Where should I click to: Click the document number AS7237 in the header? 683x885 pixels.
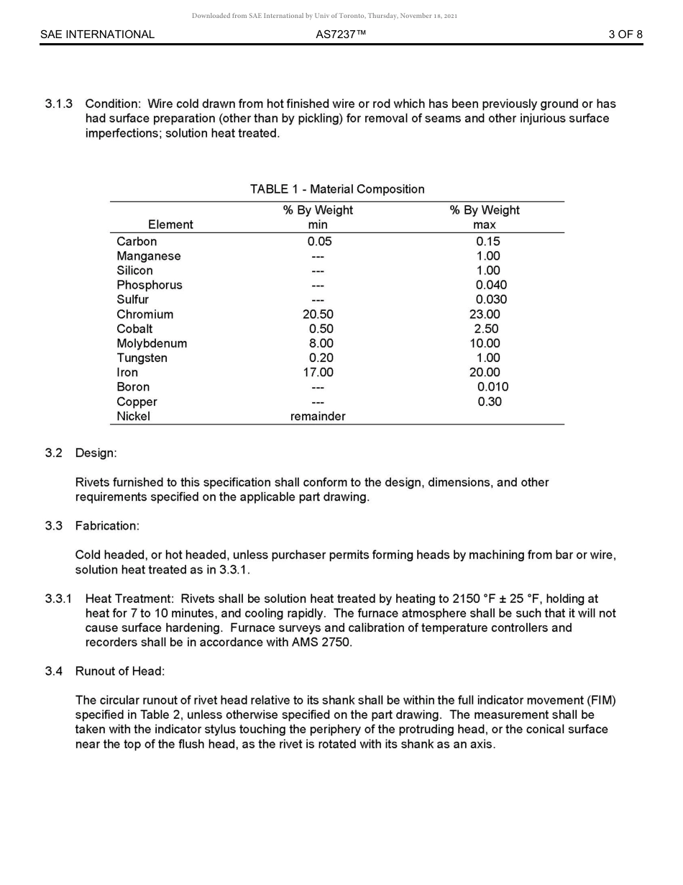[x=341, y=34]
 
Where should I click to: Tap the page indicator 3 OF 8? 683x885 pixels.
[x=625, y=34]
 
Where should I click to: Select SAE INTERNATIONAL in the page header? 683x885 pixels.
[x=97, y=34]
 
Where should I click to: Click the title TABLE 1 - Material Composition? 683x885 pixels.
[x=337, y=189]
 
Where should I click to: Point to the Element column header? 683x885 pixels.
[x=170, y=224]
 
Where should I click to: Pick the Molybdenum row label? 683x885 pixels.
[x=152, y=343]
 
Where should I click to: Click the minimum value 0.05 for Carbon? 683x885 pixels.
[x=319, y=242]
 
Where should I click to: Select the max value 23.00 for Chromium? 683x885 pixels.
[x=485, y=314]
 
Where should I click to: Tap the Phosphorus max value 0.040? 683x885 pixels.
[x=491, y=285]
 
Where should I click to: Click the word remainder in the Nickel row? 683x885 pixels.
[x=318, y=417]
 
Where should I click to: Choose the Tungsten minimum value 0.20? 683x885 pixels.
[x=321, y=358]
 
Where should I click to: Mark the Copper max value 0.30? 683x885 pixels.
[x=490, y=401]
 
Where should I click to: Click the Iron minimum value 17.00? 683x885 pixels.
[x=318, y=373]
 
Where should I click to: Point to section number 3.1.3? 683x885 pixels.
[x=59, y=104]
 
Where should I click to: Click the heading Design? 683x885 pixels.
[x=96, y=453]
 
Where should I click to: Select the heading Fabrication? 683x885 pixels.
[x=107, y=526]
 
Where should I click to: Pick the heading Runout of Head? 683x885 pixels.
[x=120, y=671]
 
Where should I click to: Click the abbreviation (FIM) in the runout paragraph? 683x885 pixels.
[x=601, y=700]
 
